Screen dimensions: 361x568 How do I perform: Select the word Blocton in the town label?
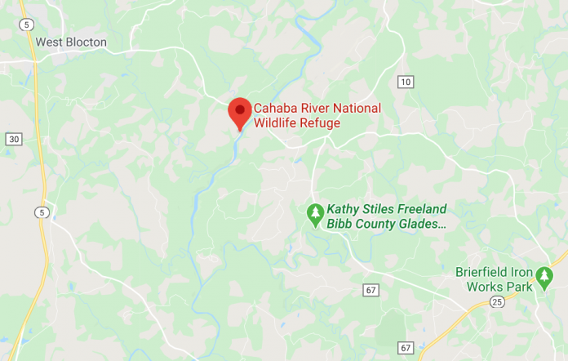click(87, 42)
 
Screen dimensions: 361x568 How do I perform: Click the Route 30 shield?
click(13, 140)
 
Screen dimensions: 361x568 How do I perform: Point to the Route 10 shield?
click(406, 81)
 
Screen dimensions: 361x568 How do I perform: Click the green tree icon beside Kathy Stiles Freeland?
click(315, 214)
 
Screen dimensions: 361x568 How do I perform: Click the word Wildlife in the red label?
click(274, 123)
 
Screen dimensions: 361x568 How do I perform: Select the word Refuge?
click(320, 123)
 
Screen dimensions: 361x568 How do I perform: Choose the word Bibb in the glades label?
click(340, 224)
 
